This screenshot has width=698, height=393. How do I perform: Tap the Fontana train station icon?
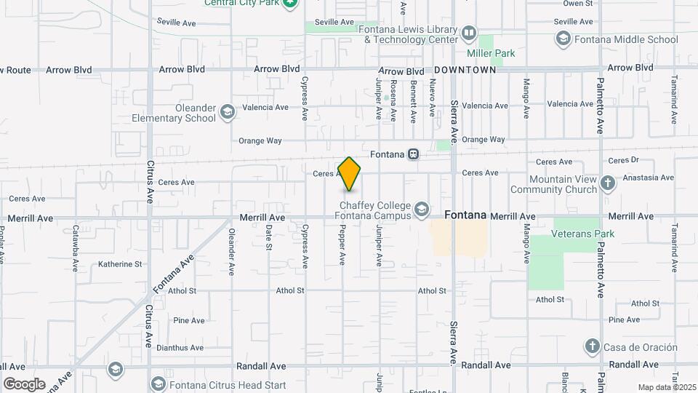pyautogui.click(x=413, y=154)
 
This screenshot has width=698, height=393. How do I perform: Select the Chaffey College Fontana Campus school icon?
pyautogui.click(x=421, y=210)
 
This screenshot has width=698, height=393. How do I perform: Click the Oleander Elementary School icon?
pyautogui.click(x=227, y=112)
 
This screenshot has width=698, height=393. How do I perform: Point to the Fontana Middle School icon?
pyautogui.click(x=562, y=39)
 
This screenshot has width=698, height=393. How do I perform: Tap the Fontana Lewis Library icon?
pyautogui.click(x=469, y=33)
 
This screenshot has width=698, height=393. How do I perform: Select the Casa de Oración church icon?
pyautogui.click(x=593, y=346)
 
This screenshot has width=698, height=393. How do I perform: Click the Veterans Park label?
pyautogui.click(x=582, y=234)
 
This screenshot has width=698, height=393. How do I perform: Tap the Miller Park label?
pyautogui.click(x=490, y=53)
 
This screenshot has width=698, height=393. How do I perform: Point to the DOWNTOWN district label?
pyautogui.click(x=465, y=71)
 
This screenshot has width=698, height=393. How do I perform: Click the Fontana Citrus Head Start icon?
pyautogui.click(x=158, y=383)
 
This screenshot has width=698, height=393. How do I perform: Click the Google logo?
pyautogui.click(x=24, y=384)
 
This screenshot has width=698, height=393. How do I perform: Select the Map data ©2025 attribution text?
pyautogui.click(x=667, y=387)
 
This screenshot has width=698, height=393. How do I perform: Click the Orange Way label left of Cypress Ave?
pyautogui.click(x=260, y=140)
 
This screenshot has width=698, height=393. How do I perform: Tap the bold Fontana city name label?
pyautogui.click(x=465, y=215)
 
